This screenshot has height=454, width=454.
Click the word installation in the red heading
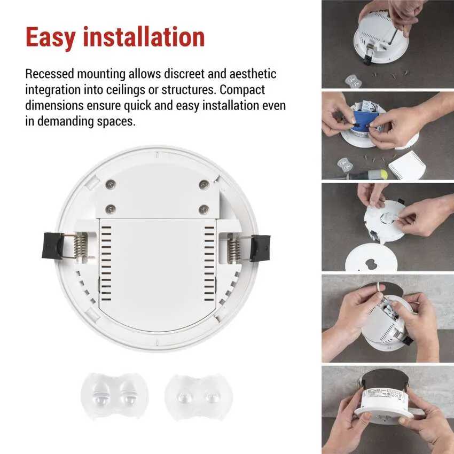(144, 36)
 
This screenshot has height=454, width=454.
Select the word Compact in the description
(242, 90)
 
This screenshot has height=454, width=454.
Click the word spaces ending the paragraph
(116, 122)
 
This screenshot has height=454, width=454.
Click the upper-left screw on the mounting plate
(111, 184)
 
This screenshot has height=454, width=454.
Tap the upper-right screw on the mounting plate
(204, 184)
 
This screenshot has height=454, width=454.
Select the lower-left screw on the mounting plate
(111, 209)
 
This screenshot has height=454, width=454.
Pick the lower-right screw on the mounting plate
(204, 209)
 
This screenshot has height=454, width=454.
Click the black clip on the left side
(52, 246)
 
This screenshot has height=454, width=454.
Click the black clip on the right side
(261, 248)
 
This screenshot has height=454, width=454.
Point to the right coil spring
(233, 248)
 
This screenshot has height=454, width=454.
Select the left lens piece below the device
(114, 395)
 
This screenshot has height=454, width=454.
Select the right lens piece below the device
(199, 397)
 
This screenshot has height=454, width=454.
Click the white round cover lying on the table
(370, 257)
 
